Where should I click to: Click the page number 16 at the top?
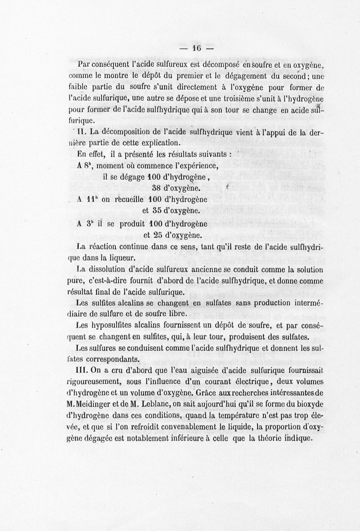(x=197, y=48)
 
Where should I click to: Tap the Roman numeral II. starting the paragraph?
(x=81, y=132)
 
